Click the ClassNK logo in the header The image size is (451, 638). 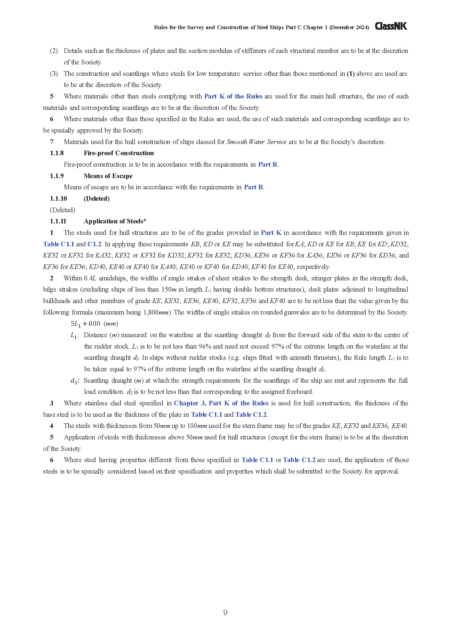pyautogui.click(x=391, y=26)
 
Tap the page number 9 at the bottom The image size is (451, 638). pyautogui.click(x=225, y=612)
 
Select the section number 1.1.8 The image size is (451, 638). pyautogui.click(x=57, y=153)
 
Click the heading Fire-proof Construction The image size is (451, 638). pyautogui.click(x=119, y=153)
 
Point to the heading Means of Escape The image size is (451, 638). pyautogui.click(x=108, y=176)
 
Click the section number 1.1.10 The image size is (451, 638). pyautogui.click(x=58, y=199)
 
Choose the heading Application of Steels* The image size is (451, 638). pyautogui.click(x=115, y=221)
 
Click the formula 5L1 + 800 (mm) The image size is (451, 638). pyautogui.click(x=94, y=324)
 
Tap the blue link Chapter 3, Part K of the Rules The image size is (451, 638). pyautogui.click(x=221, y=403)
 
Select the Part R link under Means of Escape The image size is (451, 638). pyautogui.click(x=254, y=187)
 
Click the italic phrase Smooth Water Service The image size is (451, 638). pyautogui.click(x=256, y=142)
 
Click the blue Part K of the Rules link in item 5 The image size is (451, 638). pyautogui.click(x=233, y=96)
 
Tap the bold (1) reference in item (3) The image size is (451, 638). pyautogui.click(x=350, y=74)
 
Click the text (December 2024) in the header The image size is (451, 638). pyautogui.click(x=349, y=28)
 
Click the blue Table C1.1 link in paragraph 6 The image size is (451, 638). pyautogui.click(x=257, y=460)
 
